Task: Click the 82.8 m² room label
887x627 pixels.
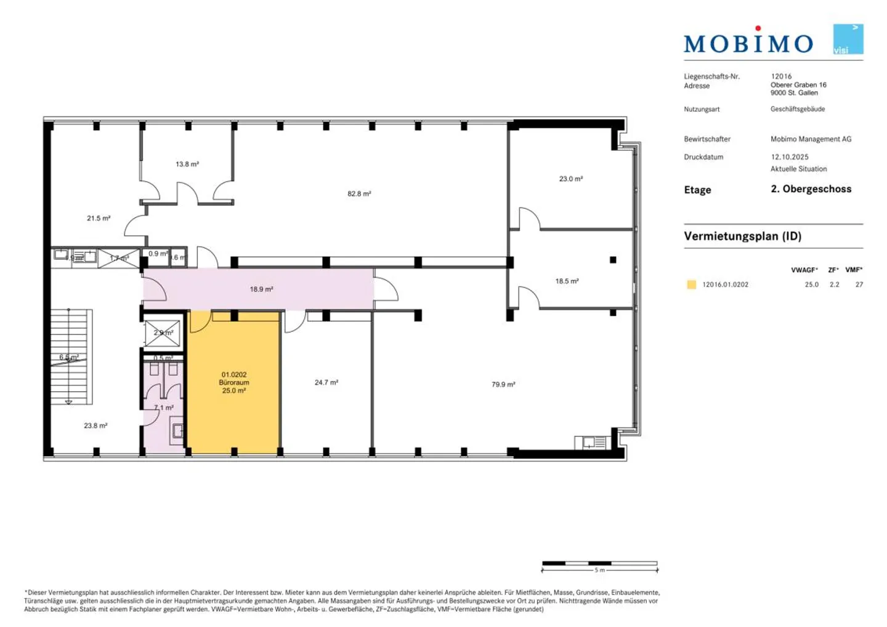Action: click(x=359, y=194)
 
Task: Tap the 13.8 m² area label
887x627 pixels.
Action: click(x=187, y=164)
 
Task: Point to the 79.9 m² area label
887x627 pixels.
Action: click(x=503, y=384)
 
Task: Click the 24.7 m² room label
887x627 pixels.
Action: click(x=326, y=382)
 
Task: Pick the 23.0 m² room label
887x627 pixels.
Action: click(x=570, y=179)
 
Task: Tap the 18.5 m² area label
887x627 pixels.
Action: click(x=567, y=281)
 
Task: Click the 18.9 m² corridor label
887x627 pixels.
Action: click(x=261, y=289)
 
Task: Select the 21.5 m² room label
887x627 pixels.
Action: click(x=99, y=219)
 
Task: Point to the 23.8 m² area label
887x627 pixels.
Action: click(x=95, y=426)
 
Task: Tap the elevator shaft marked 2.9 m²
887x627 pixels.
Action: click(x=163, y=333)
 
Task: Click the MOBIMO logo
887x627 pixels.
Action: click(x=748, y=41)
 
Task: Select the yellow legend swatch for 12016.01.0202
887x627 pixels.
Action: click(x=691, y=285)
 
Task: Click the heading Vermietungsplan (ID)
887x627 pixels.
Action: click(x=742, y=237)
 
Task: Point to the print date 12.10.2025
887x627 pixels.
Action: click(x=790, y=157)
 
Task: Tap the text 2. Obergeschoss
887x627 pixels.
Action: click(x=811, y=189)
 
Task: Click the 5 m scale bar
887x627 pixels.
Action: click(x=599, y=564)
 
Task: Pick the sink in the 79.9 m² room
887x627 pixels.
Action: click(x=590, y=442)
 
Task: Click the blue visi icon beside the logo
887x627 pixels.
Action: click(x=848, y=39)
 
